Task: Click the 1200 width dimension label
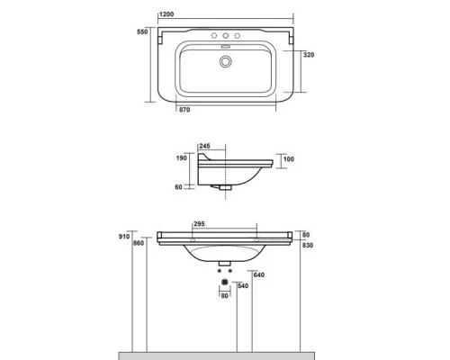(166, 14)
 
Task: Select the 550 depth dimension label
(142, 31)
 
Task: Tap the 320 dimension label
(309, 55)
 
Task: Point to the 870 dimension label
(184, 110)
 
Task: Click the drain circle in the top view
(225, 61)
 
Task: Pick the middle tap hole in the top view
(225, 36)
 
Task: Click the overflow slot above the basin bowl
(225, 46)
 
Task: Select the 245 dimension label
(204, 146)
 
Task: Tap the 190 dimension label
(181, 158)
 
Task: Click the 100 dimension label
(289, 159)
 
